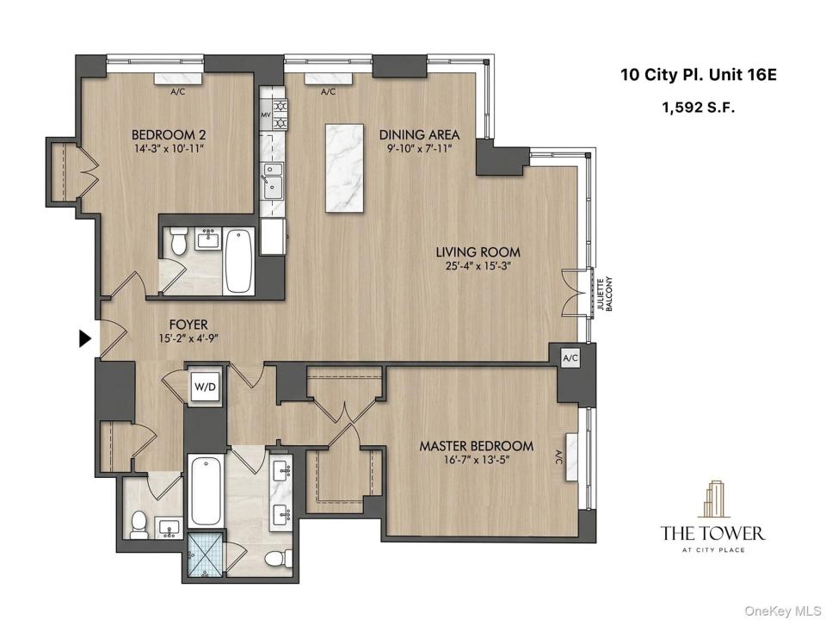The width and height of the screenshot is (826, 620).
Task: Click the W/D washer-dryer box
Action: click(x=205, y=387)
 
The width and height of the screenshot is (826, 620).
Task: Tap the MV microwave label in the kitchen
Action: click(x=266, y=114)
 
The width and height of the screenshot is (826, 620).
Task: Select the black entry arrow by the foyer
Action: click(x=85, y=338)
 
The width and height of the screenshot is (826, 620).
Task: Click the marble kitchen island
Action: click(x=344, y=168)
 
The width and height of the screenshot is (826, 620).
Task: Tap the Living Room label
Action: click(x=478, y=252)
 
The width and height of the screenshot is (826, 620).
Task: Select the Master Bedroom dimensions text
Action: click(x=477, y=460)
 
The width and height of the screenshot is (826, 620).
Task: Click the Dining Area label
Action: click(x=419, y=134)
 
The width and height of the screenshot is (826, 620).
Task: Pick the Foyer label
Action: click(x=188, y=325)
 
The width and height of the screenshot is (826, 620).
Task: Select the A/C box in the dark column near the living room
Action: click(x=570, y=358)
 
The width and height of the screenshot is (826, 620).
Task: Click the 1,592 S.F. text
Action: click(x=698, y=108)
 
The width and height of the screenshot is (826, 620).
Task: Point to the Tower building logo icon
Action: click(x=712, y=499)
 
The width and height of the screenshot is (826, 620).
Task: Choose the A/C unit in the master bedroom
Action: click(x=571, y=456)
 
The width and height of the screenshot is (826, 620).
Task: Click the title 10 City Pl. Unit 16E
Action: click(x=699, y=75)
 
